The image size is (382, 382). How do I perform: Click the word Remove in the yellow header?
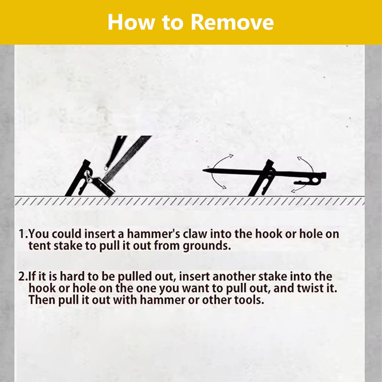click(x=232, y=22)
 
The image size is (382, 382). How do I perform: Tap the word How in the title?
click(x=131, y=22)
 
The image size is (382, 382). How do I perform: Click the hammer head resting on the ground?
click(x=104, y=186)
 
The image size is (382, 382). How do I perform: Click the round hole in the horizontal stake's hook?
click(x=316, y=180)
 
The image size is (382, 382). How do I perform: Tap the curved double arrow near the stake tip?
click(x=220, y=171)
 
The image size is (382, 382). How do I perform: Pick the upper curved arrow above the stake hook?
click(x=306, y=164)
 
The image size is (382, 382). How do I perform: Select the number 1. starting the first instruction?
click(x=23, y=234)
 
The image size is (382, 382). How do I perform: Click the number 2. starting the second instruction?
click(x=23, y=276)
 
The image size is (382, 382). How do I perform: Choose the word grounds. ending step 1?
click(x=207, y=246)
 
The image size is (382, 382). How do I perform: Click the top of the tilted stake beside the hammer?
click(x=86, y=162)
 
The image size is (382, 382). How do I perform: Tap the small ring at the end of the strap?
click(x=106, y=168)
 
